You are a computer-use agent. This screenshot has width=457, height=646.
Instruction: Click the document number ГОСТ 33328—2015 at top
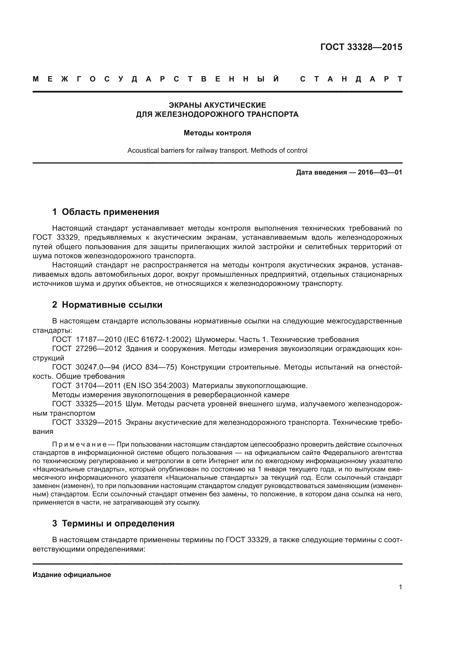click(x=361, y=47)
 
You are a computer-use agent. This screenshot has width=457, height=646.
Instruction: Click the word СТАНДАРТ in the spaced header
click(x=351, y=79)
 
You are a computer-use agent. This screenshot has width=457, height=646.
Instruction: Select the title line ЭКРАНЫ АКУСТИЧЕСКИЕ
click(x=217, y=105)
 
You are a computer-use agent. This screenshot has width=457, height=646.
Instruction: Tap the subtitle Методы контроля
click(x=217, y=133)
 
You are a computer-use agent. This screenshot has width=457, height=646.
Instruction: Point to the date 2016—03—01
click(x=380, y=172)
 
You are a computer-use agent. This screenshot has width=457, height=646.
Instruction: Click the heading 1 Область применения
click(x=106, y=212)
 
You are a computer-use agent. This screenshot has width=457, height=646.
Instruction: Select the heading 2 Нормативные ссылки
click(x=107, y=305)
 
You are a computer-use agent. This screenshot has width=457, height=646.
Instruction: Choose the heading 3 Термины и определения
click(x=113, y=523)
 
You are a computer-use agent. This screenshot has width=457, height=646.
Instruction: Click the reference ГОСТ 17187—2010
click(x=87, y=339)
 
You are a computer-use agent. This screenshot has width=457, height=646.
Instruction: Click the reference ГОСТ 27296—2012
click(x=87, y=349)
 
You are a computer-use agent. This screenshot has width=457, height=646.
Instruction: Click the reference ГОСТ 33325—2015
click(x=87, y=404)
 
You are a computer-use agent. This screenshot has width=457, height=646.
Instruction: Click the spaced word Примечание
click(x=79, y=445)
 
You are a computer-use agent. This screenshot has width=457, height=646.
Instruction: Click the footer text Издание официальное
click(x=72, y=575)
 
